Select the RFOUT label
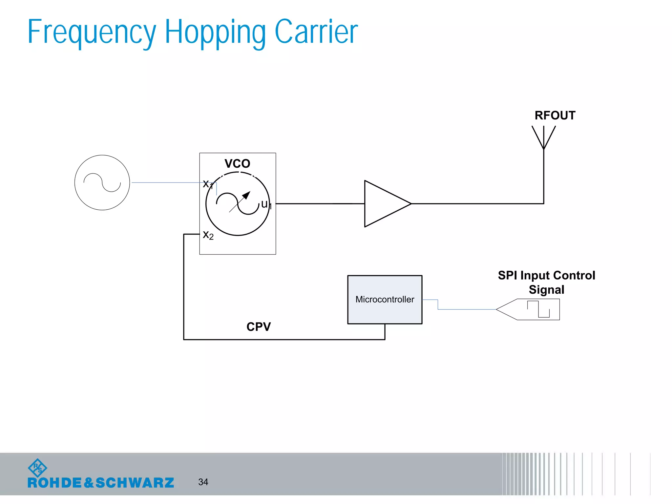pos(555,115)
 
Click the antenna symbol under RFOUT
pos(544,138)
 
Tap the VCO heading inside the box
pos(237,163)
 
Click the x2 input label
pos(208,235)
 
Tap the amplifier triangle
pos(384,203)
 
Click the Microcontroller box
pos(385,299)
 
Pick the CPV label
pos(259,326)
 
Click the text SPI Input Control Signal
pos(546,282)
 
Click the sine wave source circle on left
pos(102,182)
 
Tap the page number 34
pos(203,482)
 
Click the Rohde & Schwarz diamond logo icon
pos(38,468)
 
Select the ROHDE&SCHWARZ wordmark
pos(101,483)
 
